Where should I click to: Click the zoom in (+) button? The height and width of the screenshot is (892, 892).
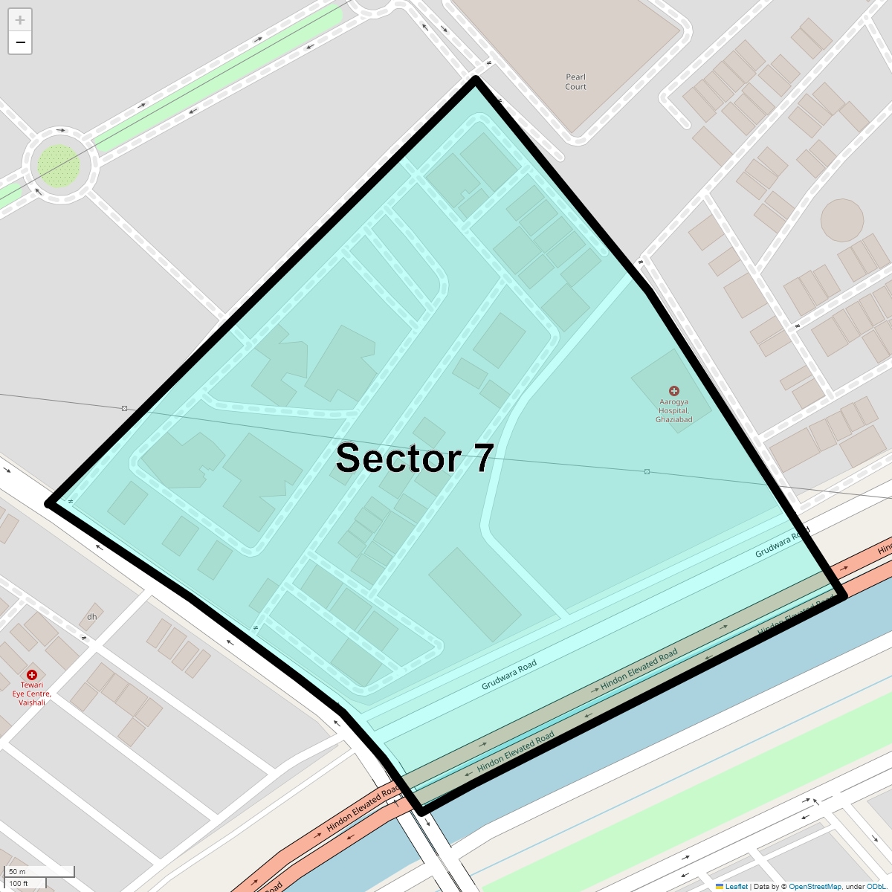20,20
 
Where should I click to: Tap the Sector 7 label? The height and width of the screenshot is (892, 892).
414,458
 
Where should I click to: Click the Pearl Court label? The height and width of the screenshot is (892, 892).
575,82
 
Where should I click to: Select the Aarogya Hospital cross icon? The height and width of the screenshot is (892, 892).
674,391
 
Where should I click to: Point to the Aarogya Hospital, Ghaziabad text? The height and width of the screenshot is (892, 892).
673,411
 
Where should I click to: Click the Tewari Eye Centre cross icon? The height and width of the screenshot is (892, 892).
31,674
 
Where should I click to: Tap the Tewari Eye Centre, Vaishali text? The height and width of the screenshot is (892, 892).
32,694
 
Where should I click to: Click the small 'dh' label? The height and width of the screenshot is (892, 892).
92,617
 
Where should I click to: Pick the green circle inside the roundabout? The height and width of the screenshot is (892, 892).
58,164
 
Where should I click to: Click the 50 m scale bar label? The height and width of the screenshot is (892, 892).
17,871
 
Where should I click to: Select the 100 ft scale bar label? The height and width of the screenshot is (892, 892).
19,884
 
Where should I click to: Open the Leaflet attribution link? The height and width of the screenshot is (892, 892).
736,887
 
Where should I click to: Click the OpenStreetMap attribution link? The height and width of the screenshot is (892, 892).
815,887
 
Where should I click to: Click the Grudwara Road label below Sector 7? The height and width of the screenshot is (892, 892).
509,675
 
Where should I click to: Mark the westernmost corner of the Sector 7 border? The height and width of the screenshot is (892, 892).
49,503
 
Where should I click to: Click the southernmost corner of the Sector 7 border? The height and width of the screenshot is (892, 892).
422,812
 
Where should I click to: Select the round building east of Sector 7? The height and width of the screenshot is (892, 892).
842,220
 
